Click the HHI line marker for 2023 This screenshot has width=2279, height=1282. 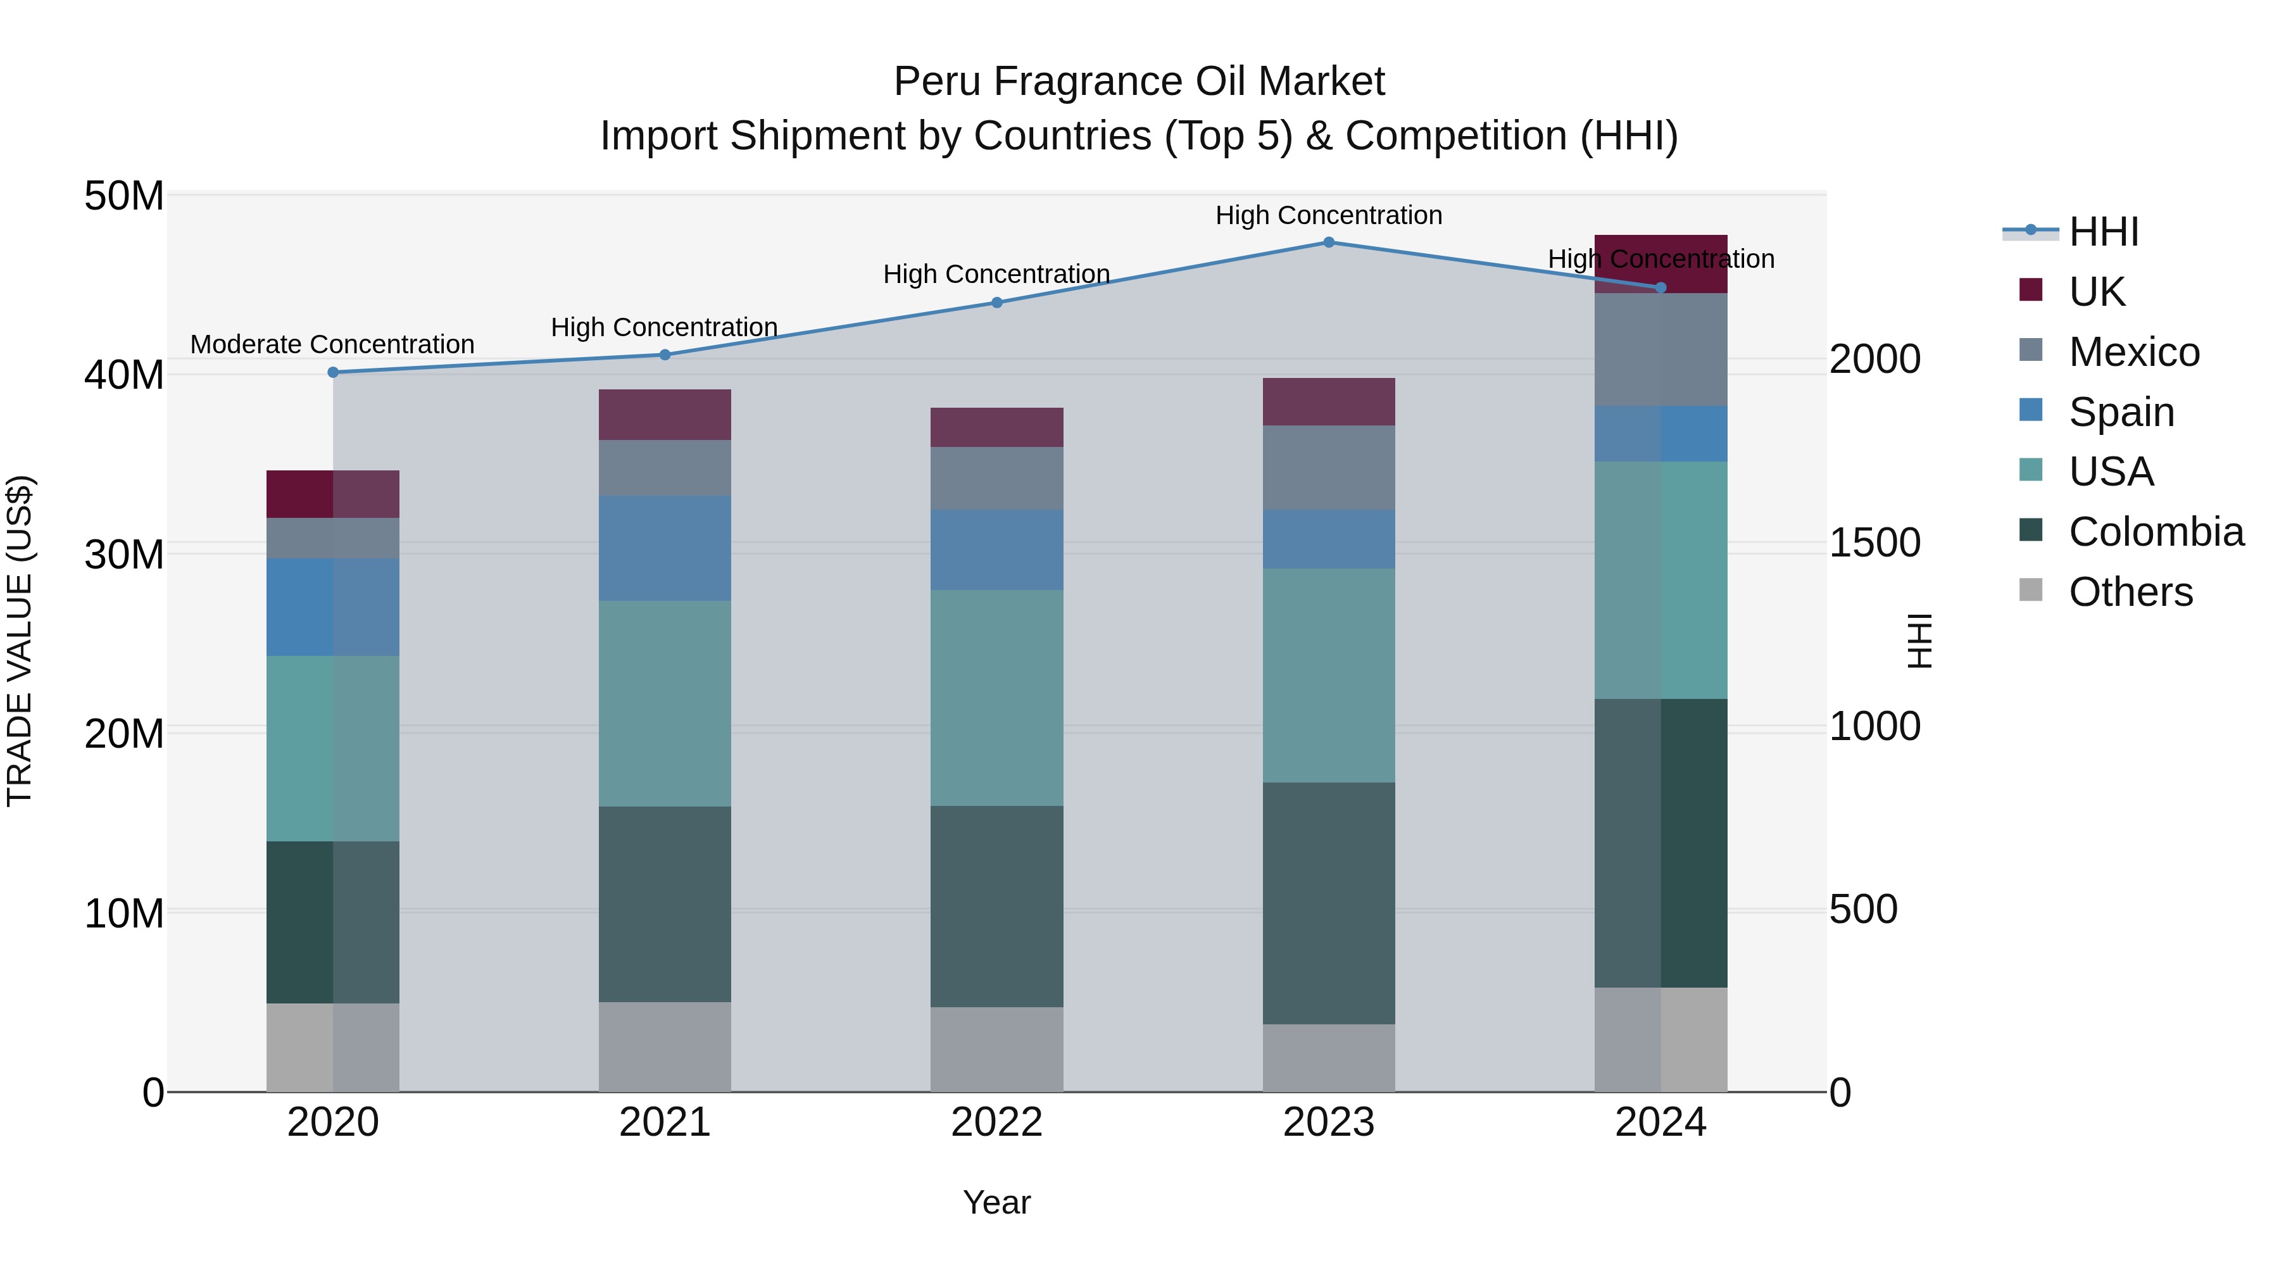click(1329, 242)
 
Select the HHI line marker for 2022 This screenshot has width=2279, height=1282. click(997, 303)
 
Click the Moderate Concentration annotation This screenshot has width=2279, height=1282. click(332, 344)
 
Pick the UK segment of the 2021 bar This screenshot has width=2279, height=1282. click(665, 414)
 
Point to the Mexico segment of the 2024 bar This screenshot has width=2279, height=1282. click(1661, 349)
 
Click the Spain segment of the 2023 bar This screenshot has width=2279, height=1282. click(1329, 539)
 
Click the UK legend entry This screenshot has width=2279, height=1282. click(2096, 291)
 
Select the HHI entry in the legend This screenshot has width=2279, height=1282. click(2103, 232)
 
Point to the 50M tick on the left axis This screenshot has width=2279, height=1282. click(124, 196)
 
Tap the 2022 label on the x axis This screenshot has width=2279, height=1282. click(997, 1122)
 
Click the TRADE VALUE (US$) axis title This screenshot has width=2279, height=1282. click(20, 641)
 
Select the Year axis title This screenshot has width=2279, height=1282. click(997, 1202)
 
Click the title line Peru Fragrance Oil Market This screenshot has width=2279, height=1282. click(1139, 82)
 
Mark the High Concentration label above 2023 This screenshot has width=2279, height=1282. click(1329, 215)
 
